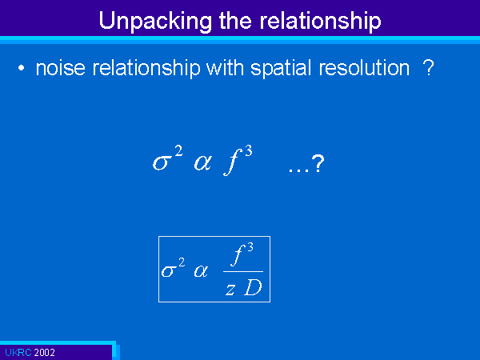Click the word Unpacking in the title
pyautogui.click(x=155, y=22)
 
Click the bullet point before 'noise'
pyautogui.click(x=21, y=68)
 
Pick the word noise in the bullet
pyautogui.click(x=60, y=68)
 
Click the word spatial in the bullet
pyautogui.click(x=281, y=69)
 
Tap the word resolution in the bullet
pyautogui.click(x=364, y=68)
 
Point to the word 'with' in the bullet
pyautogui.click(x=225, y=67)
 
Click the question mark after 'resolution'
pyautogui.click(x=428, y=67)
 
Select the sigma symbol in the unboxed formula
pyautogui.click(x=161, y=162)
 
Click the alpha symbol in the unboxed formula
pyautogui.click(x=202, y=162)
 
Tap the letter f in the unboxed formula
pyautogui.click(x=233, y=162)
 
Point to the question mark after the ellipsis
pyautogui.click(x=318, y=163)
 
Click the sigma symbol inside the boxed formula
pyautogui.click(x=169, y=271)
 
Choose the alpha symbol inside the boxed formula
pyautogui.click(x=201, y=271)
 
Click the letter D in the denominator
pyautogui.click(x=253, y=288)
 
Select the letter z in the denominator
pyautogui.click(x=230, y=290)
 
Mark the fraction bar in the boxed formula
pyautogui.click(x=243, y=271)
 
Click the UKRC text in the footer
pyautogui.click(x=18, y=353)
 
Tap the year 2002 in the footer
pyautogui.click(x=44, y=353)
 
